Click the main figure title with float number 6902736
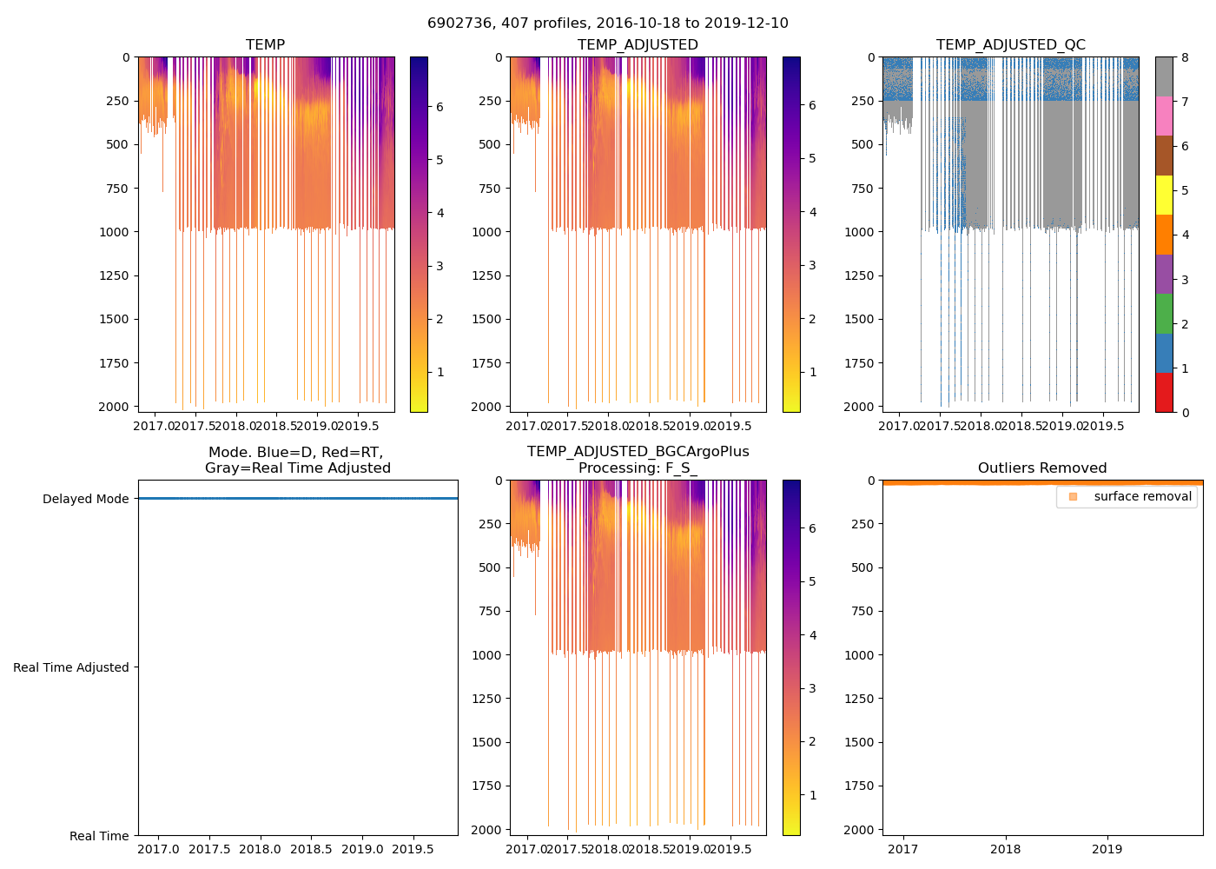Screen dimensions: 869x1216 pyautogui.click(x=608, y=23)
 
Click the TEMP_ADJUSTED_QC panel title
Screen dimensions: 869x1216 pyautogui.click(x=1010, y=44)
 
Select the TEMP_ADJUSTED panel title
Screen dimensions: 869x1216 pyautogui.click(x=638, y=44)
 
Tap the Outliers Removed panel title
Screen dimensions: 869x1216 pyautogui.click(x=1042, y=468)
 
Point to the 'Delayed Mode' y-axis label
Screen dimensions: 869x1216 pyautogui.click(x=85, y=499)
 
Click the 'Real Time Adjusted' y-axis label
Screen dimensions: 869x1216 pyautogui.click(x=70, y=667)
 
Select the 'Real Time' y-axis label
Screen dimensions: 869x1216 pyautogui.click(x=99, y=836)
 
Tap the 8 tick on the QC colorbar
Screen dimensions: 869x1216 pyautogui.click(x=1186, y=57)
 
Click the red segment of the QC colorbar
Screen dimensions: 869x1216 pyautogui.click(x=1164, y=392)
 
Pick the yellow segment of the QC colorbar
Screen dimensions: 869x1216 pyautogui.click(x=1164, y=195)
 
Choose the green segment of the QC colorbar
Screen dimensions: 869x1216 pyautogui.click(x=1164, y=313)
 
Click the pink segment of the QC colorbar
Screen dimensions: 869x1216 pyautogui.click(x=1164, y=116)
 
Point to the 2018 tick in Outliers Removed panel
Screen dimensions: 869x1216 pyautogui.click(x=1006, y=849)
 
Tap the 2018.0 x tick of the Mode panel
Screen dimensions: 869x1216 pyautogui.click(x=260, y=849)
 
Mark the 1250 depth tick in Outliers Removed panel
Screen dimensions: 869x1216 pyautogui.click(x=859, y=699)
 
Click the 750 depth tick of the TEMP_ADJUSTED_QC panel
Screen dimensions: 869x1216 pyautogui.click(x=863, y=189)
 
